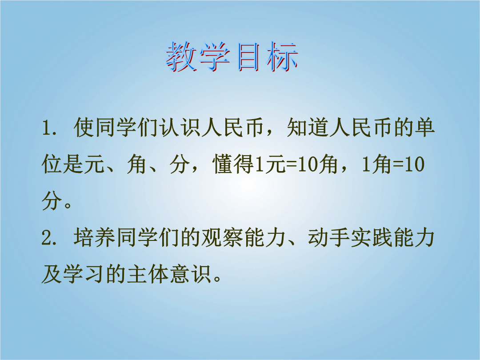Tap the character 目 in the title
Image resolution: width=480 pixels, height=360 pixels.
click(x=248, y=57)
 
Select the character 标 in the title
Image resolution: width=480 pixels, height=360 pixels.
click(x=282, y=57)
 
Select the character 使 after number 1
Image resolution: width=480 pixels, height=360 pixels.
click(x=84, y=128)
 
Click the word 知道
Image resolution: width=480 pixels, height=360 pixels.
click(x=308, y=128)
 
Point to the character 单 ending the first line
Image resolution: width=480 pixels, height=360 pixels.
click(x=425, y=128)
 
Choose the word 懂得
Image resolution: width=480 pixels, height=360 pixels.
click(x=233, y=164)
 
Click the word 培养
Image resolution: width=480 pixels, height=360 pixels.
click(x=95, y=237)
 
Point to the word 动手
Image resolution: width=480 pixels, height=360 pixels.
click(x=329, y=237)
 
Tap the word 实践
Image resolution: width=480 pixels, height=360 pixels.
click(x=372, y=237)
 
